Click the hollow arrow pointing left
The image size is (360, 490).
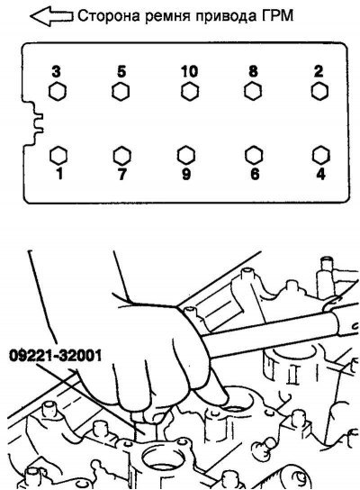pos(50,15)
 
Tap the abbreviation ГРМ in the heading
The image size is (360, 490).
pos(277,15)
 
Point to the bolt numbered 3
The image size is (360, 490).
pos(58,92)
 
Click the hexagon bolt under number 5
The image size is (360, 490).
pos(121,92)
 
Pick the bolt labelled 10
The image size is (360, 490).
pos(190,92)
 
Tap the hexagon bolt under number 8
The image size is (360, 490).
pos(253,92)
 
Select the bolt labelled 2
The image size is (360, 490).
pos(319,92)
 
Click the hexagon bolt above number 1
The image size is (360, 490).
pos(58,155)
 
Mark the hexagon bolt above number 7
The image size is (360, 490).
pos(121,155)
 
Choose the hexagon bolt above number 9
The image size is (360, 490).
pos(186,155)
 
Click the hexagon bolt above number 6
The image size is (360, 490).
pos(254,155)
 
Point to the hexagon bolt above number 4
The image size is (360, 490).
pos(321,155)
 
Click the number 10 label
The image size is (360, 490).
pos(189,71)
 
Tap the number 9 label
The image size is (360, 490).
pos(186,175)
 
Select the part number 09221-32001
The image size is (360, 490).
pos(56,356)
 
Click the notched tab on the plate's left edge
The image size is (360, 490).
pos(34,122)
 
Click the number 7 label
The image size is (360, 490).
pos(122,175)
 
